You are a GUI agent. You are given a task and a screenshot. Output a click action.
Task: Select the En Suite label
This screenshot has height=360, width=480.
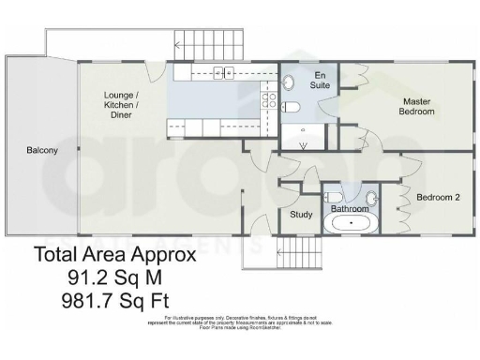click(320, 79)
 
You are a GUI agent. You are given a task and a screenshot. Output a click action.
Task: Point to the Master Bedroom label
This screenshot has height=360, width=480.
click(418, 106)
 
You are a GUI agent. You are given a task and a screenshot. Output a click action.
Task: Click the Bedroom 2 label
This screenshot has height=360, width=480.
click(437, 199)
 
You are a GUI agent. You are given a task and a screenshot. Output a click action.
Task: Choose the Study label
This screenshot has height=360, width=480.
click(300, 214)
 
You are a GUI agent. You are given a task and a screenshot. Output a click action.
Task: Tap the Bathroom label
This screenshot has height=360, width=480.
click(350, 208)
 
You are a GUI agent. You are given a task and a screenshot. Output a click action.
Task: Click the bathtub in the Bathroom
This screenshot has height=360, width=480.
click(352, 225)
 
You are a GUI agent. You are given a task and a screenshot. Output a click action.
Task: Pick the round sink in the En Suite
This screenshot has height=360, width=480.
click(289, 82)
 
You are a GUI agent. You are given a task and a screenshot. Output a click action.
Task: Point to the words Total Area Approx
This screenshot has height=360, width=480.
click(114, 254)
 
